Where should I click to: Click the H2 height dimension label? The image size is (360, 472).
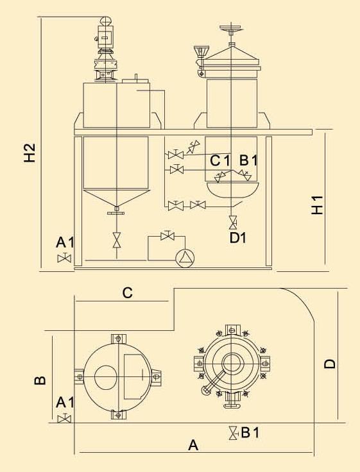30,153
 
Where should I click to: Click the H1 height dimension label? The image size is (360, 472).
317,205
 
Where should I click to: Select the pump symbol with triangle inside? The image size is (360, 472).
185,258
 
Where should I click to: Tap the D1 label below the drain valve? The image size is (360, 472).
238,238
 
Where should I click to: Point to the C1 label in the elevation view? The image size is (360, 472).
220,161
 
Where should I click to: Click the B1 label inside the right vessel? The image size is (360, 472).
248,160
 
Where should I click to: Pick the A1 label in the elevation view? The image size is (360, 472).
65,242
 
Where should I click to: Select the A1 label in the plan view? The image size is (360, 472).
65,402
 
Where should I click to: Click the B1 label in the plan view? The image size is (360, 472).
250,433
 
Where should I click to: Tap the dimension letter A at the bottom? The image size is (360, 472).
193,445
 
